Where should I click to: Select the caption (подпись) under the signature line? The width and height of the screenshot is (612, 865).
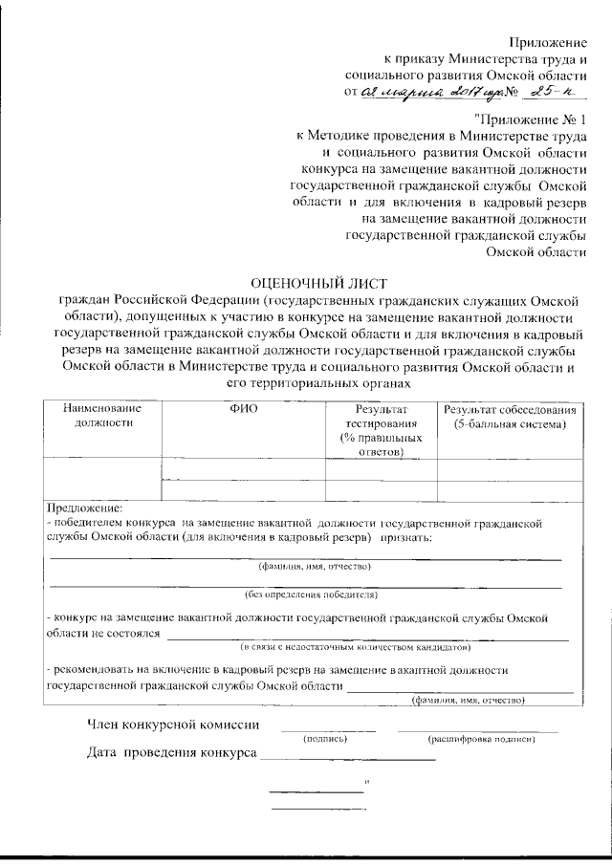325,739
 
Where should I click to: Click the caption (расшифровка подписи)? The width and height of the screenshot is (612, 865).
493,739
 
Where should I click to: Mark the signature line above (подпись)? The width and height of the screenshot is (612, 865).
327,730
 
